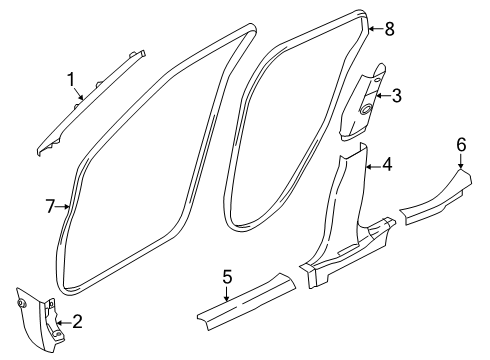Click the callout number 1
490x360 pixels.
71,79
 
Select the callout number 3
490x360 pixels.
396,96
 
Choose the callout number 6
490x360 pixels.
461,146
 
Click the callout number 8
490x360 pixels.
389,29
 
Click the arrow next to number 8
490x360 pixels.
374,30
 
